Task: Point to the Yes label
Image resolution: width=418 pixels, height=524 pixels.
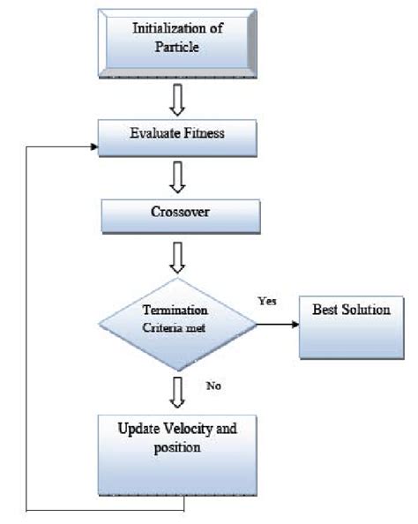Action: coord(266,301)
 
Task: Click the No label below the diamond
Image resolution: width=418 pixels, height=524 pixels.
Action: coord(213,385)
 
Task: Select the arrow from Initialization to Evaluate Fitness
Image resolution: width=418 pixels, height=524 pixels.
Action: coord(178,100)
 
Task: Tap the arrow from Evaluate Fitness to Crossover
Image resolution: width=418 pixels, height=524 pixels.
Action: coord(178,176)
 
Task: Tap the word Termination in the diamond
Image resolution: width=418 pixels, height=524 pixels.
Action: coord(175,311)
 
